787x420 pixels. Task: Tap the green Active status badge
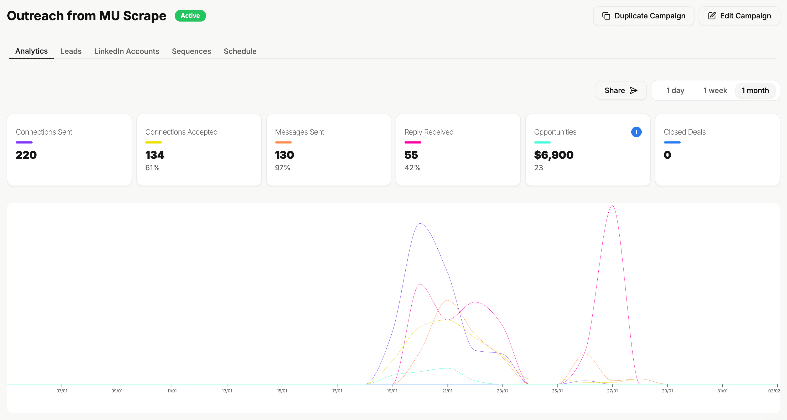190,16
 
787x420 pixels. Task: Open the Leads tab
71,51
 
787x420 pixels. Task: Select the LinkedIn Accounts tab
127,51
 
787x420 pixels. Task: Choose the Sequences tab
191,51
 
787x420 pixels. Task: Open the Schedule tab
240,51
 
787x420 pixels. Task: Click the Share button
621,90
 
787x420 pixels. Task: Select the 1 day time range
675,90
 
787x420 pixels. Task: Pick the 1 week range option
715,90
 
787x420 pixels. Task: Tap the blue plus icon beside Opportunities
636,132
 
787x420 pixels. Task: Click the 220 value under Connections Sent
26,155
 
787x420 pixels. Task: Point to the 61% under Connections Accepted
152,168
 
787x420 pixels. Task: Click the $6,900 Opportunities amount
553,155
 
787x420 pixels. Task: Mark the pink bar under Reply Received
413,142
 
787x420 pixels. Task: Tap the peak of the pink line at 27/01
612,206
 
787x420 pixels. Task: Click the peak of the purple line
420,224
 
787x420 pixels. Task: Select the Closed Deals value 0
667,155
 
